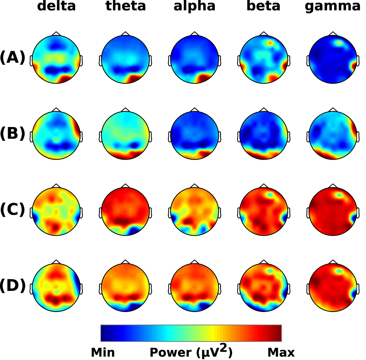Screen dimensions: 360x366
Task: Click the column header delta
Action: click(x=56, y=7)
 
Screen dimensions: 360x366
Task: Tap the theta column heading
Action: click(x=125, y=7)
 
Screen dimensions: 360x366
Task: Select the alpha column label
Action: click(x=195, y=7)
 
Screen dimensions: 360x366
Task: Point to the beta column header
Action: click(x=264, y=7)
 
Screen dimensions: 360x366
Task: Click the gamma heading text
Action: click(x=333, y=7)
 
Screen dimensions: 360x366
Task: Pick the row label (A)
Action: click(x=13, y=58)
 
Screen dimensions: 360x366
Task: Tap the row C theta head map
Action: click(x=125, y=211)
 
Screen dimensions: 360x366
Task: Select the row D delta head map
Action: click(x=56, y=287)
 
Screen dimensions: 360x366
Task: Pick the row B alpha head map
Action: click(x=195, y=135)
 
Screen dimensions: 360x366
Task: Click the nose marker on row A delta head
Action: click(x=56, y=34)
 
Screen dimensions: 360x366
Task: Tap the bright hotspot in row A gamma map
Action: click(x=340, y=43)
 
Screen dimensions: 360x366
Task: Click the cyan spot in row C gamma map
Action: click(x=339, y=195)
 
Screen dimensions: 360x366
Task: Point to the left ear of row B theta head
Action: click(x=101, y=135)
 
